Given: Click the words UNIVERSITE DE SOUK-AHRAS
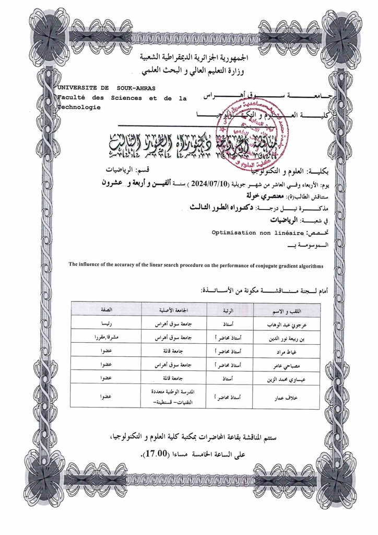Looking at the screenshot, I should pos(106,88).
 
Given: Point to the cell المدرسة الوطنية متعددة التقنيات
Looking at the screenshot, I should pos(166,397).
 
